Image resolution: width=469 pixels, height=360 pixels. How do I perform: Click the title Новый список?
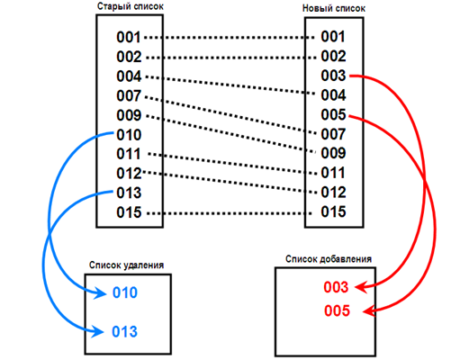(332, 8)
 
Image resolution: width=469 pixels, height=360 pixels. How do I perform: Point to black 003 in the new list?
(333, 76)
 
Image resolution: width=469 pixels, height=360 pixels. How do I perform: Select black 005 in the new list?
(333, 115)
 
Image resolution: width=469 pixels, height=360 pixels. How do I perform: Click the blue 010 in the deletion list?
(125, 293)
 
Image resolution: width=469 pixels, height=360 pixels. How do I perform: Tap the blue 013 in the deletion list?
(125, 332)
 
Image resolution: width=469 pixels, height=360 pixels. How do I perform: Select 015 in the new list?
(333, 212)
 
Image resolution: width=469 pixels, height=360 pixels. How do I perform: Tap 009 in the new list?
(333, 154)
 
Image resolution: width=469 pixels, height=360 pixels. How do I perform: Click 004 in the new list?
(333, 95)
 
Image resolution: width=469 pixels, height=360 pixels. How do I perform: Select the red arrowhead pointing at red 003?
(357, 288)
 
